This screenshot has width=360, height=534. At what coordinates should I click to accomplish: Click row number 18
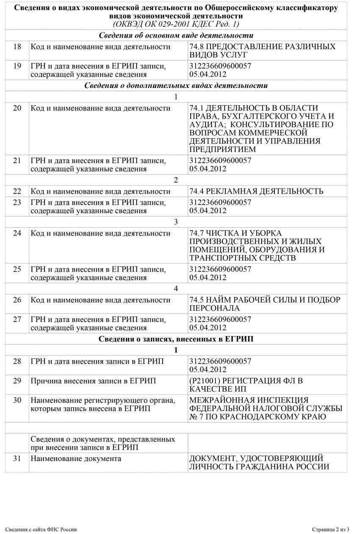pos(17,47)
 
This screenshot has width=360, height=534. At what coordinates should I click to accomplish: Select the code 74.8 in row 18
pos(197,47)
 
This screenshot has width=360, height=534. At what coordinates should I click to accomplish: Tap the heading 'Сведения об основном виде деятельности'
pos(176,35)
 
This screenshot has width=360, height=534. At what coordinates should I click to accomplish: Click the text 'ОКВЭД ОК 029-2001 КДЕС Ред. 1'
pos(176,24)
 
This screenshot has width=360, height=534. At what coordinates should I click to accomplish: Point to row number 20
pos(17,108)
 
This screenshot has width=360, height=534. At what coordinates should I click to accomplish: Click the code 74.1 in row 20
pos(197,108)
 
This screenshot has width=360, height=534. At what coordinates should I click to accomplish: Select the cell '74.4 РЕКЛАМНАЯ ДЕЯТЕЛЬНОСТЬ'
pos(257,191)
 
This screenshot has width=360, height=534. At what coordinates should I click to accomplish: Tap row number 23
pos(17,202)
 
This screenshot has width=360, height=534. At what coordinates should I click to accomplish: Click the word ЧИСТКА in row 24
pos(224,233)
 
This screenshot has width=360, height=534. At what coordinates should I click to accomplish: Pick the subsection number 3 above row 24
pos(176,222)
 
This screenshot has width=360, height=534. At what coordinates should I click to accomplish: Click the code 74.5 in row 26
pos(197,300)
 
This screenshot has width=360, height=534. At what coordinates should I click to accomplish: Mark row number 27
pos(17,319)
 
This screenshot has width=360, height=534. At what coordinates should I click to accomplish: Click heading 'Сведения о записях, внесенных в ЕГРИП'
pos(176,339)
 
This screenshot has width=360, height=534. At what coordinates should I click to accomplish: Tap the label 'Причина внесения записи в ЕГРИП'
pos(93,381)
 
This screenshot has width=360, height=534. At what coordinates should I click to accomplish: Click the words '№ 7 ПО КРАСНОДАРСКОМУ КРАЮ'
pos(252,417)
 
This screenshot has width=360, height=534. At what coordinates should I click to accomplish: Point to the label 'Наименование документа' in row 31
pos(76,458)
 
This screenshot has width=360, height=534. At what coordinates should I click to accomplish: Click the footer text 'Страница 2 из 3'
pos(331,529)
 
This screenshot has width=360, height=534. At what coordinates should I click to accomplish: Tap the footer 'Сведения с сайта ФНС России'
pos(42,529)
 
